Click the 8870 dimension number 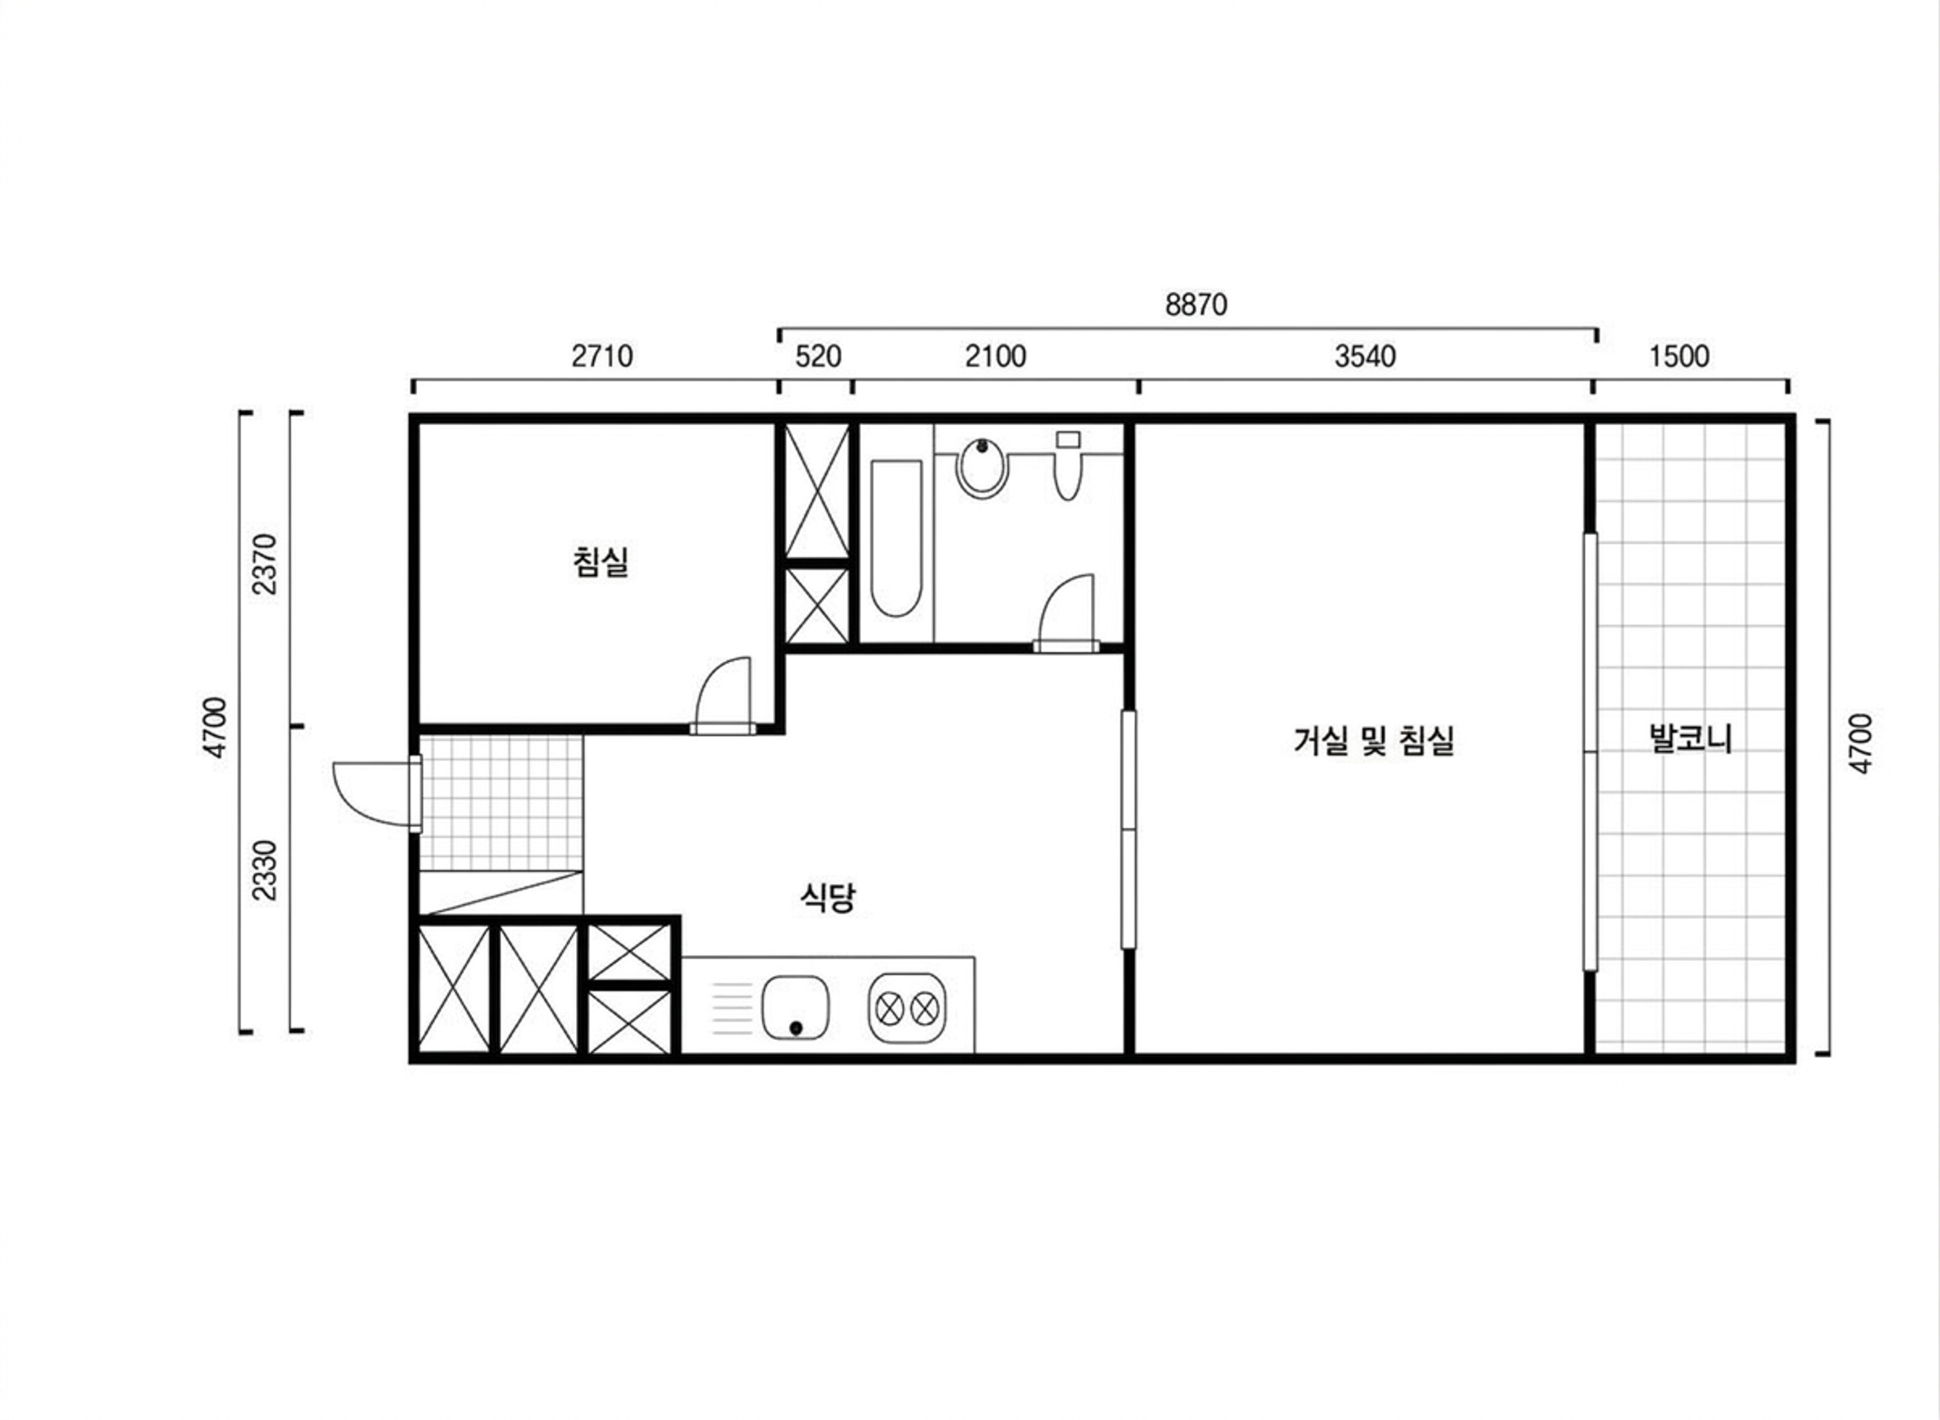pyautogui.click(x=1196, y=305)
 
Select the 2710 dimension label pyautogui.click(x=602, y=356)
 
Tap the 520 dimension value pyautogui.click(x=817, y=356)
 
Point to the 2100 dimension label pyautogui.click(x=995, y=356)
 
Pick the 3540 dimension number pyautogui.click(x=1365, y=356)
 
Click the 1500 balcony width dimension pyautogui.click(x=1679, y=356)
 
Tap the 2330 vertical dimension pyautogui.click(x=266, y=870)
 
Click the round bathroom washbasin pyautogui.click(x=982, y=468)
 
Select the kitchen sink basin pyautogui.click(x=795, y=1007)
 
